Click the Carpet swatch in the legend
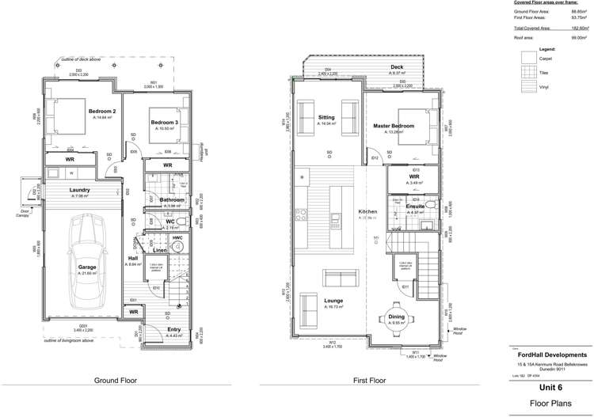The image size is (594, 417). [x=529, y=58]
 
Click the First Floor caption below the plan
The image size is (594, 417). [x=370, y=381]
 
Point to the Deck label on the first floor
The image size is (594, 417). [x=397, y=67]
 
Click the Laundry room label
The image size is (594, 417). [x=78, y=190]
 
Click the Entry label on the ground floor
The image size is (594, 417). [x=174, y=329]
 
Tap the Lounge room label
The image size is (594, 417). [x=333, y=301]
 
